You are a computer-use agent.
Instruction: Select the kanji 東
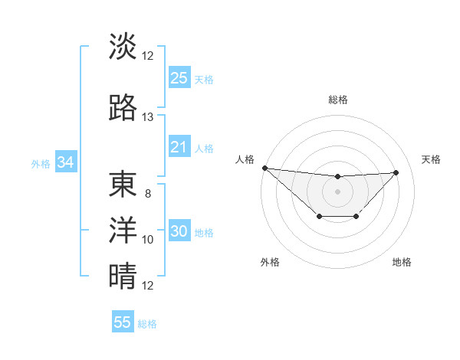(123, 185)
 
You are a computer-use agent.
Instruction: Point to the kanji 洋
(123, 231)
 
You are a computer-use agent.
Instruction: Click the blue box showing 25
(179, 77)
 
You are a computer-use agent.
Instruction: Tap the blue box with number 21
(179, 147)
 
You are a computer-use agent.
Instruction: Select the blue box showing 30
(179, 232)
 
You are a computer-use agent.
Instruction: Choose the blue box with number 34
(66, 162)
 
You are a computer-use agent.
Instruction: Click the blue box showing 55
(123, 322)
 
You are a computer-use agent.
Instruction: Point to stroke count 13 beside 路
(147, 117)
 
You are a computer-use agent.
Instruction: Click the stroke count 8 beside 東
(147, 194)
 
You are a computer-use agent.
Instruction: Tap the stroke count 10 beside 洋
(147, 240)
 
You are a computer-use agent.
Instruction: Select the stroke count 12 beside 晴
(147, 286)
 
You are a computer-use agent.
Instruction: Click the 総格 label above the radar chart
(337, 100)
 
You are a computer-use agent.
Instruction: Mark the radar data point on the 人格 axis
(264, 168)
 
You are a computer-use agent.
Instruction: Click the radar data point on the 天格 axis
(396, 172)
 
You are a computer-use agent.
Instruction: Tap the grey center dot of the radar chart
(337, 191)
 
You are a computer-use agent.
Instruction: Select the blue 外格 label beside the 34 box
(41, 163)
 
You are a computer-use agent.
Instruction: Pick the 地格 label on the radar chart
(402, 262)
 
